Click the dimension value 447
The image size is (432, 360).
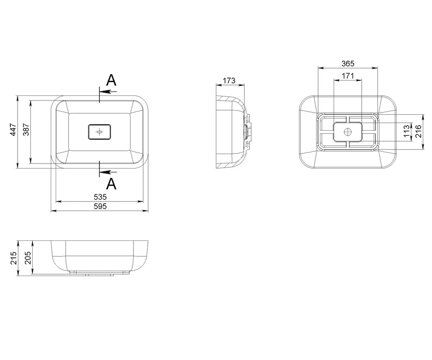(x=13, y=130)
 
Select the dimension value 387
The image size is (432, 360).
(x=26, y=130)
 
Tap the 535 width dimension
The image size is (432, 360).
(x=100, y=197)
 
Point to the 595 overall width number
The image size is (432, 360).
(x=100, y=206)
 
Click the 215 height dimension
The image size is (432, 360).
(x=13, y=258)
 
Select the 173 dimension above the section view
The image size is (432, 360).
(x=229, y=81)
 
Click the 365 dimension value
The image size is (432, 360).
(x=348, y=63)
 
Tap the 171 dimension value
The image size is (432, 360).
(x=348, y=76)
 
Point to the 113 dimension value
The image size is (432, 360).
(x=406, y=131)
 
